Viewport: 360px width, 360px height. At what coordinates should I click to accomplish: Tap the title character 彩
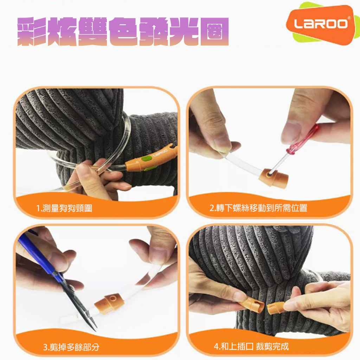coord(32,31)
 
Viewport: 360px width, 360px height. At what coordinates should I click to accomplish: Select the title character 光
coord(184,31)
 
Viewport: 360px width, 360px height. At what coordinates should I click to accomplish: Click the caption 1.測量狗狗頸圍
coord(64,208)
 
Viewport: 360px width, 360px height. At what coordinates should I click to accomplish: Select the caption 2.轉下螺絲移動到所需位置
coord(258,208)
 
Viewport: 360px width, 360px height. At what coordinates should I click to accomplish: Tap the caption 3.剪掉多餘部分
coord(71,347)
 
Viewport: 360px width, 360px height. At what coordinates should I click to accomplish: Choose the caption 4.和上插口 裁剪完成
coord(251,346)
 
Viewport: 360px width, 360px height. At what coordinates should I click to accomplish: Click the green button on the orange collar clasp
coord(146,159)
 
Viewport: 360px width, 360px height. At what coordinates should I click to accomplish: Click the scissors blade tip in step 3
coord(96,330)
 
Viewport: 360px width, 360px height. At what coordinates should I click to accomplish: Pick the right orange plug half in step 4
coord(276,308)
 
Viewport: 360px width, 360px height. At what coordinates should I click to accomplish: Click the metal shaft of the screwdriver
coord(279,161)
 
